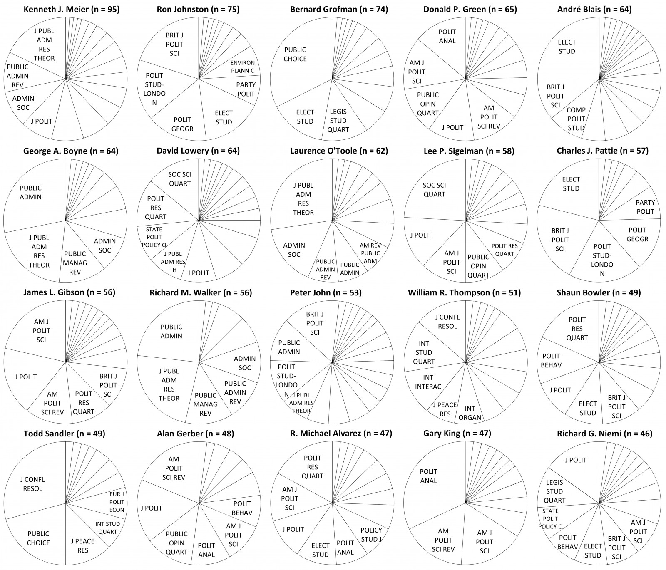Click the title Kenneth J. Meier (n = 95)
click(66, 9)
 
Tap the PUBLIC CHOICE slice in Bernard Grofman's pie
click(295, 55)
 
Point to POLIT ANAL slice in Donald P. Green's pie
click(447, 37)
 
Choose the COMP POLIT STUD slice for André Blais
click(576, 119)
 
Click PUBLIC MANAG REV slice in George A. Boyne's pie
click(75, 262)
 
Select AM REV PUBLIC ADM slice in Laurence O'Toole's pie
click(370, 253)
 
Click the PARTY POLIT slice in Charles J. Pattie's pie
click(645, 207)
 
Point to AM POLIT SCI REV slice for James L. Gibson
click(52, 402)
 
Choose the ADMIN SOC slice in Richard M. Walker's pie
click(244, 363)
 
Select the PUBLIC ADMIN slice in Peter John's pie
click(289, 347)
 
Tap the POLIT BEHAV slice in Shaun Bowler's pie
click(552, 360)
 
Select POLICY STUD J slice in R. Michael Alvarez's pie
click(371, 534)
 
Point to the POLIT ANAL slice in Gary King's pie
click(429, 476)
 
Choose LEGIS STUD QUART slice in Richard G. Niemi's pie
click(555, 491)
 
